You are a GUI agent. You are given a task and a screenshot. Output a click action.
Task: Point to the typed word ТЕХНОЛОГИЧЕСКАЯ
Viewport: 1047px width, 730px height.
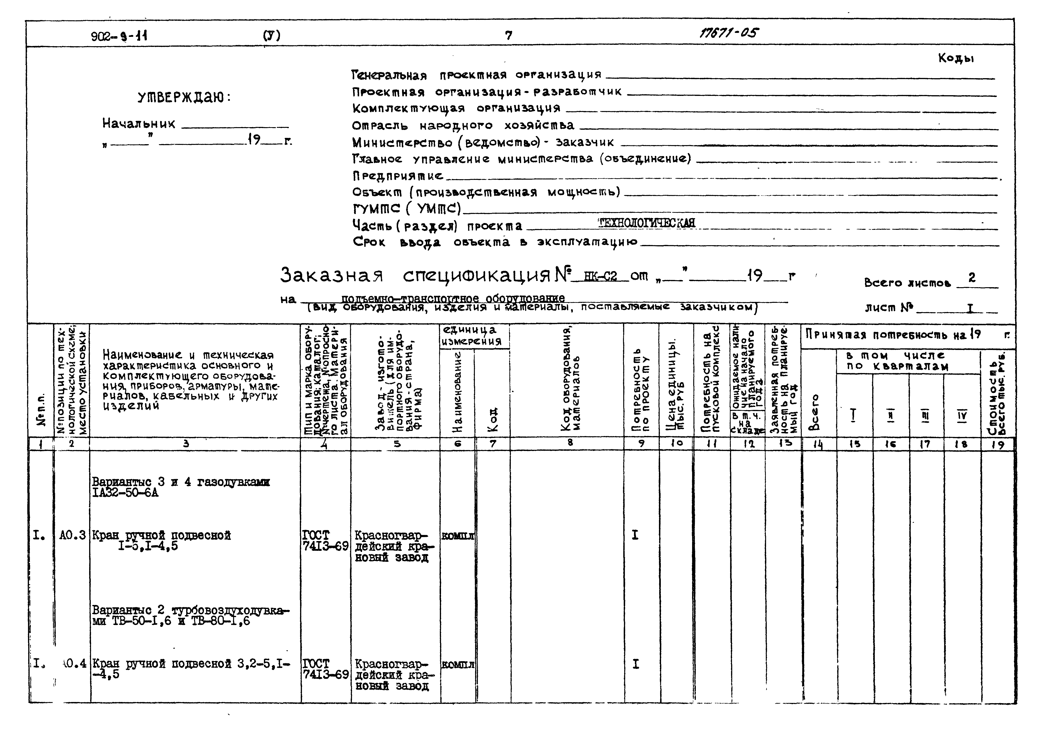(x=647, y=223)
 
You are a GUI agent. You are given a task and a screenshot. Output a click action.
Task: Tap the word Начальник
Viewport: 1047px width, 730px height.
(x=139, y=124)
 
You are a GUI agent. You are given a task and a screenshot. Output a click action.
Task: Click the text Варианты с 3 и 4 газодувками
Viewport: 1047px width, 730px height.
(x=181, y=482)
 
